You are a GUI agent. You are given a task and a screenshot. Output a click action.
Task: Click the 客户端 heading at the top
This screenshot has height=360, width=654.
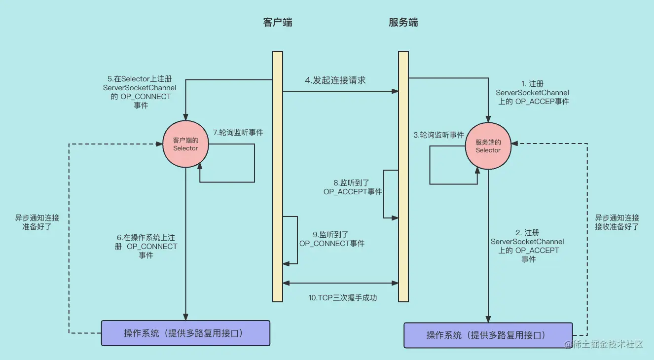click(x=277, y=23)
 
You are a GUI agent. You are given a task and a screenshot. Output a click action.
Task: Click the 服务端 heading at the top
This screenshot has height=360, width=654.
click(x=403, y=23)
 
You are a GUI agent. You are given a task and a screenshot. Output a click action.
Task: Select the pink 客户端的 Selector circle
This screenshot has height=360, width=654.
click(x=185, y=144)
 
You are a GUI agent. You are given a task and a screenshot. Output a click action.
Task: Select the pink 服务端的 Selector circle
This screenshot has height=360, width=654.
click(x=488, y=146)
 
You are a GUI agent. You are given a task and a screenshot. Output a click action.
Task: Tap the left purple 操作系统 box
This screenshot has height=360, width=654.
click(x=185, y=333)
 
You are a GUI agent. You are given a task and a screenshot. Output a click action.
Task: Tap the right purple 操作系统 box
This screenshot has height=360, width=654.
click(x=488, y=335)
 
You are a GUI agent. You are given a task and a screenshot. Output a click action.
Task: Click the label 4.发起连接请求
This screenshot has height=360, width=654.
click(x=335, y=80)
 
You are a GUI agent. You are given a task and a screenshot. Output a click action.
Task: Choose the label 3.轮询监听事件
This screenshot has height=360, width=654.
click(x=439, y=135)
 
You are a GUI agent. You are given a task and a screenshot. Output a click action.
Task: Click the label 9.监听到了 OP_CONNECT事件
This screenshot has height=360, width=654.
click(x=332, y=239)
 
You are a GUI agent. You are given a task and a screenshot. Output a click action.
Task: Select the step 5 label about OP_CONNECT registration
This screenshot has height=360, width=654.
click(x=140, y=92)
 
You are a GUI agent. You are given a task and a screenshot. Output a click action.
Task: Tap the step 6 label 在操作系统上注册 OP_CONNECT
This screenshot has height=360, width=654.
click(x=146, y=246)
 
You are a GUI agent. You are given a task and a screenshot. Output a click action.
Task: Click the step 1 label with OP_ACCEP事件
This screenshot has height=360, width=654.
click(x=532, y=93)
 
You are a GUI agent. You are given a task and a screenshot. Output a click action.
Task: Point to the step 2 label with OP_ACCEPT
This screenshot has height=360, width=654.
click(x=528, y=246)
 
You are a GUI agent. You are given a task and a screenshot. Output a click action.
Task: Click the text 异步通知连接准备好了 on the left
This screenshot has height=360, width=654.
click(x=37, y=223)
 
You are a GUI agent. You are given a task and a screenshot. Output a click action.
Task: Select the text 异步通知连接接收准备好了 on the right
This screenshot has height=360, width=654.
click(x=617, y=222)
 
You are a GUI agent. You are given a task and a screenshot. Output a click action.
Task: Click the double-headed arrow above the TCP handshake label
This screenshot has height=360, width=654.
click(x=340, y=283)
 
